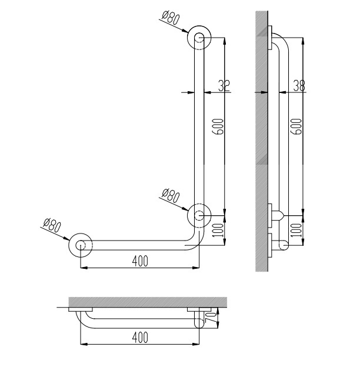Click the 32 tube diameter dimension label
tap(224, 85)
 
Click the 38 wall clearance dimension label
tap(299, 85)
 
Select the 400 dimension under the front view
tap(140, 261)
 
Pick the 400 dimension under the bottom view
tap(140, 338)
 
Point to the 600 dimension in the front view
tap(218, 126)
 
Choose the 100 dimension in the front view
tap(218, 230)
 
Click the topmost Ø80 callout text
tap(171, 18)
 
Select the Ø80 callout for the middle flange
tap(171, 196)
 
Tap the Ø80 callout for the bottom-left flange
tap(52, 225)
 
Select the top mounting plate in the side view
tap(270, 38)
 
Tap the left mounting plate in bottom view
tap(81, 309)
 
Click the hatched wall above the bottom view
tap(148, 302)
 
